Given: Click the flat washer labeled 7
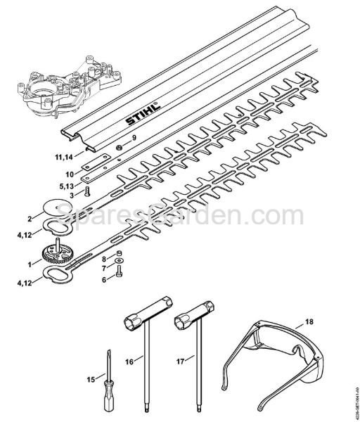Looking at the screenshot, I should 120,268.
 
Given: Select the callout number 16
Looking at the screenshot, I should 129,362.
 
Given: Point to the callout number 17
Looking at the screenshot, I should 181,362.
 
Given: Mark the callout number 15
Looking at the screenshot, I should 90,380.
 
